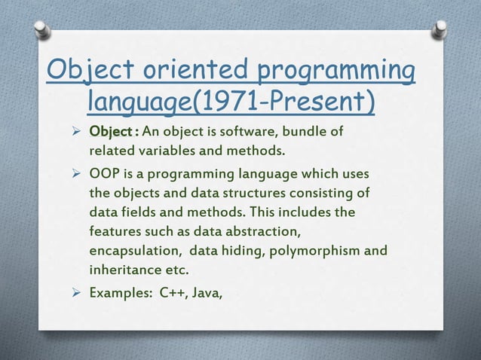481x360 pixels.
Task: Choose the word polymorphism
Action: click(x=317, y=247)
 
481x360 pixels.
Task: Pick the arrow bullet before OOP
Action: click(x=75, y=175)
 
